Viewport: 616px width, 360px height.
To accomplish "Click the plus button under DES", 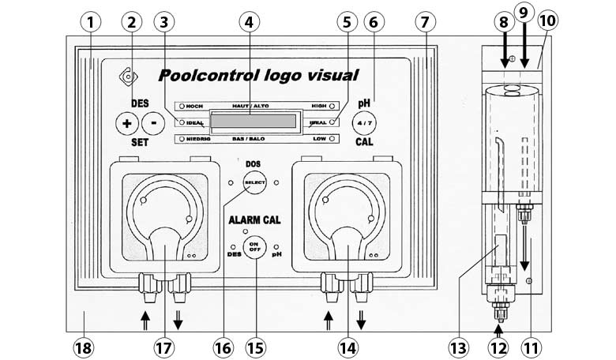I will click(125, 123).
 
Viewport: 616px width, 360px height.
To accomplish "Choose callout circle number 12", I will click(498, 346).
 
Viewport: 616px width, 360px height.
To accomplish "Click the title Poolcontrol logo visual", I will click(258, 75).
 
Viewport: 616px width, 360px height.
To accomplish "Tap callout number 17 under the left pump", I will click(163, 346).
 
